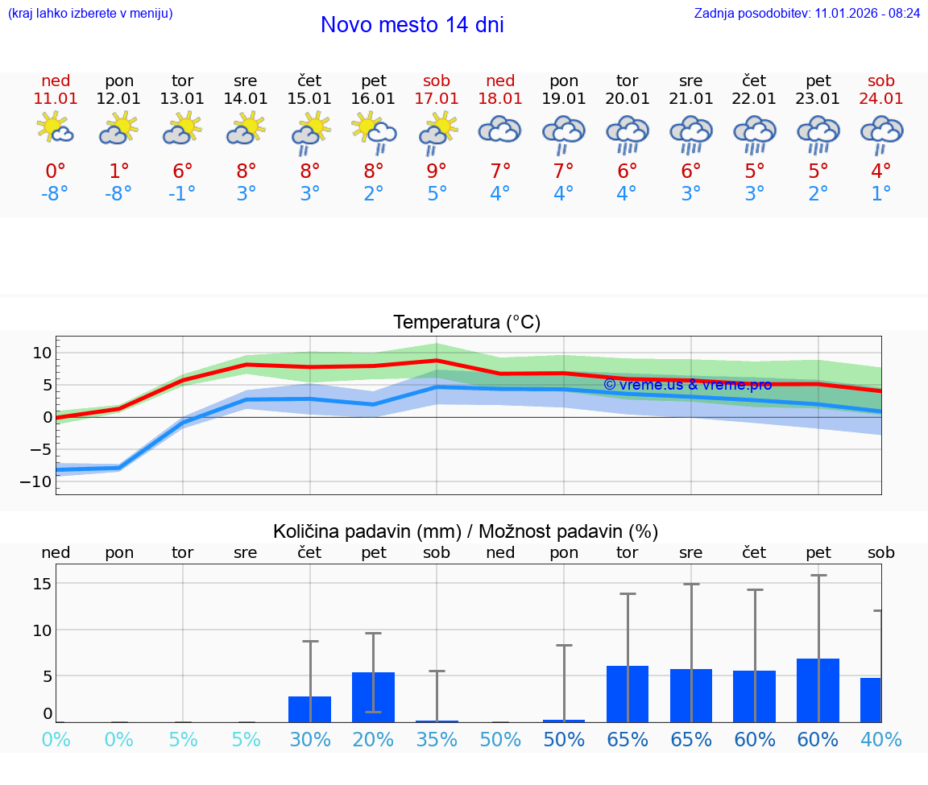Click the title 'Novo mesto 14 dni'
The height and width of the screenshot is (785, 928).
[412, 25]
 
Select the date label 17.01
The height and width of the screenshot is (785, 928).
[437, 98]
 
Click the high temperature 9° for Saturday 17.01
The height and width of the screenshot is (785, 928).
[437, 171]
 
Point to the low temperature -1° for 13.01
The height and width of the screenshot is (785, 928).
[182, 194]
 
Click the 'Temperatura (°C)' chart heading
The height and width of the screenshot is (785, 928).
[466, 323]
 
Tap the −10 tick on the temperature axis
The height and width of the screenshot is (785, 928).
[41, 481]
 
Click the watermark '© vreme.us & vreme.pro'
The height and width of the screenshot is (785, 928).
[687, 385]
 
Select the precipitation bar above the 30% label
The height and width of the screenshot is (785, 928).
[310, 709]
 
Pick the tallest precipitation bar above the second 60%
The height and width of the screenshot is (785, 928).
[818, 690]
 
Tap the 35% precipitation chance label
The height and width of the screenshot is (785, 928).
[437, 739]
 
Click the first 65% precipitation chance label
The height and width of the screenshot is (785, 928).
[628, 739]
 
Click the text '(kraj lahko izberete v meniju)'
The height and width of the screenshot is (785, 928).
[90, 14]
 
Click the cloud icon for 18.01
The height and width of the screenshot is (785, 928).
[500, 129]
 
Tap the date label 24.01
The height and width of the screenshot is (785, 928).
[881, 98]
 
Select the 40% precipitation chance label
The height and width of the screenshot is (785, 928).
[880, 739]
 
